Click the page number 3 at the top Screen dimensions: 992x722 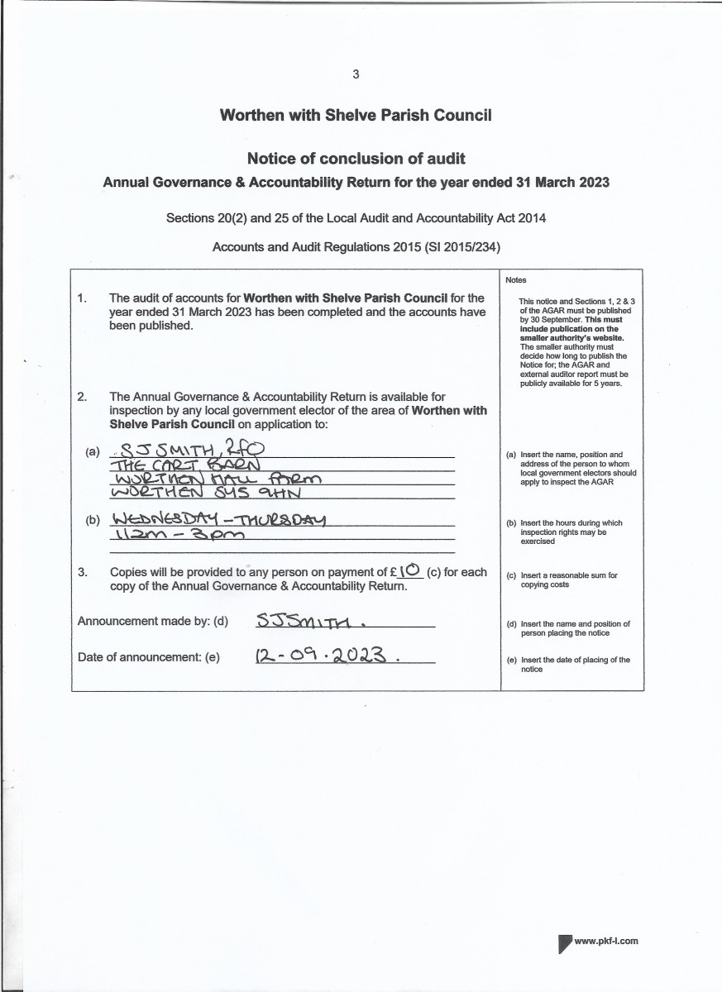[356, 74]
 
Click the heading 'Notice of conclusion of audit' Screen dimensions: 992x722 [356, 158]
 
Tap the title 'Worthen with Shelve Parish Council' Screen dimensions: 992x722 [356, 115]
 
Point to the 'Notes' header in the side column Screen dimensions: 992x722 [515, 280]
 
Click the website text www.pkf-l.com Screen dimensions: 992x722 [605, 941]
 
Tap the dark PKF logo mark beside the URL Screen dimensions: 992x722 [565, 942]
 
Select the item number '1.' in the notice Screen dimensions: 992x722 [82, 298]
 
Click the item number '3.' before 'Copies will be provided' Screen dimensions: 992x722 [82, 571]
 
